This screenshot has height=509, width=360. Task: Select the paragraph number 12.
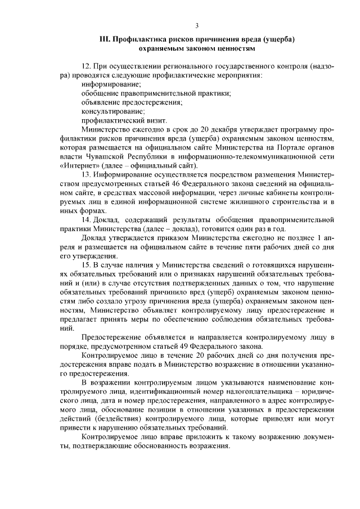pyautogui.click(x=86, y=66)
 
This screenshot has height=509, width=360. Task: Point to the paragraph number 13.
pyautogui.click(x=86, y=174)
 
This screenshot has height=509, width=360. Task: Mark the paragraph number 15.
pyautogui.click(x=86, y=264)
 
